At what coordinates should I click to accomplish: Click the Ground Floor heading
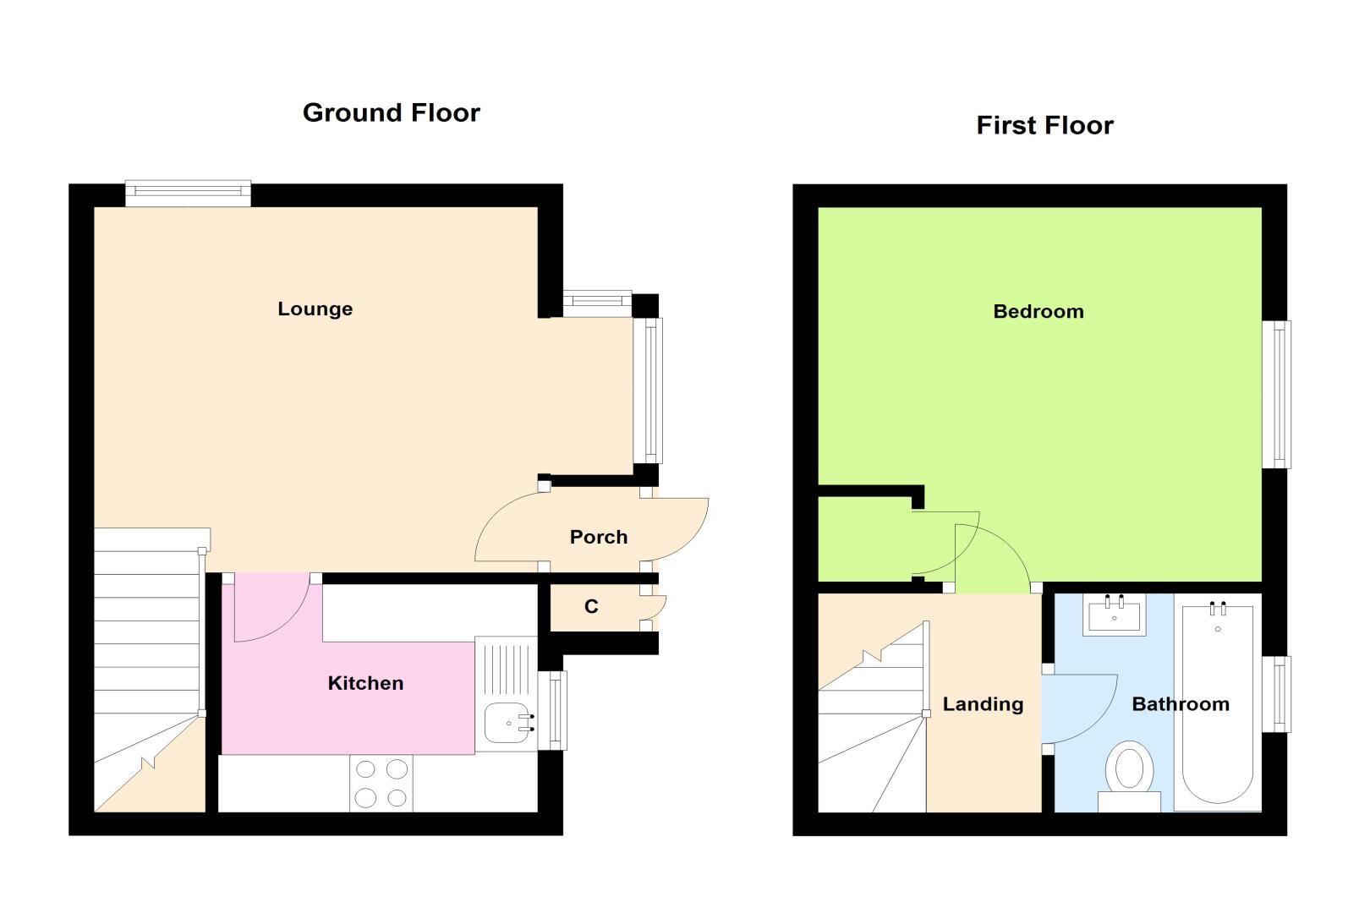pos(392,113)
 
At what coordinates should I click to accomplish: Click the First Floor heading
pos(1044,125)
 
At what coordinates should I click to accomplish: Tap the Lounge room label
pos(315,309)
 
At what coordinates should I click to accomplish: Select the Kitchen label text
pos(365,683)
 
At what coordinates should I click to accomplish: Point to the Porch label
pos(599,537)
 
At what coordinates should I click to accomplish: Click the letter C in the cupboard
pos(591,606)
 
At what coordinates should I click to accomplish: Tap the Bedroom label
pos(1038,311)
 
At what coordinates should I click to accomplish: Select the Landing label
pos(983,704)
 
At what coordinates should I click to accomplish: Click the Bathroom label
pos(1181,704)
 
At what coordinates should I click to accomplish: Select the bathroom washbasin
pos(1114,615)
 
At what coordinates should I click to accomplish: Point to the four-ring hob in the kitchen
pos(381,784)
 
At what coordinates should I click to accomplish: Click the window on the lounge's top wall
pos(188,194)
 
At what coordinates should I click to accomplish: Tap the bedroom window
pos(1276,395)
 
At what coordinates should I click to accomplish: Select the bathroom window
pos(1276,694)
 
